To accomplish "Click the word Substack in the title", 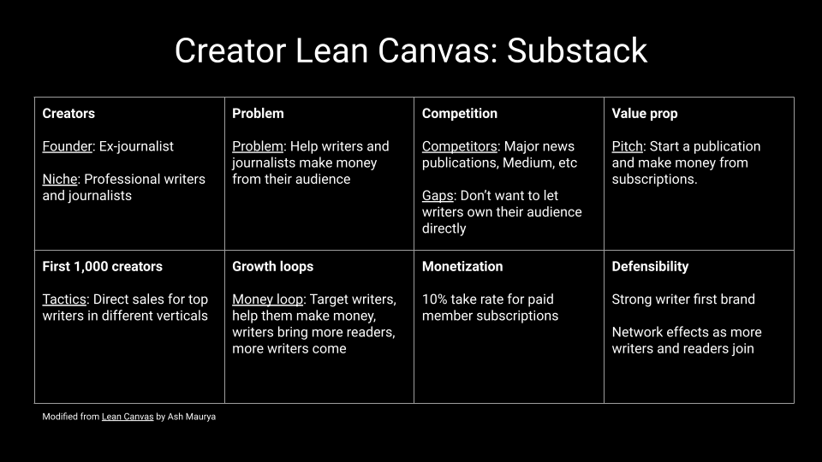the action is click(x=576, y=50).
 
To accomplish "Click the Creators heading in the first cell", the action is click(x=68, y=114).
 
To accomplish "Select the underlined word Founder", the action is click(x=67, y=146).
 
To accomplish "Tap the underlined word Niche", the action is click(x=60, y=179).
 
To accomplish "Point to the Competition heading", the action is click(x=460, y=114).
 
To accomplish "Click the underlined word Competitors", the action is click(x=459, y=146).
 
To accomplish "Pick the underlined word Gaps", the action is click(x=438, y=196).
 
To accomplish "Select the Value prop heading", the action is click(x=645, y=114).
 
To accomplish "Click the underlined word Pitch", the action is click(x=627, y=146).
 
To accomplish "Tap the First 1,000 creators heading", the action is click(x=102, y=267).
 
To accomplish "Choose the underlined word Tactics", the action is click(x=64, y=299).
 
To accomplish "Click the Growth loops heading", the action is click(x=272, y=267).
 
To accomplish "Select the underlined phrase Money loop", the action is click(x=267, y=299).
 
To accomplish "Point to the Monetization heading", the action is click(x=462, y=267).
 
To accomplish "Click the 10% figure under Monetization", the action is click(x=434, y=299).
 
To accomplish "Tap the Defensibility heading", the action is click(x=650, y=267).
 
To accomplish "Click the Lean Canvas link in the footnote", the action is click(x=128, y=417).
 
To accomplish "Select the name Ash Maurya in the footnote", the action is click(x=191, y=417).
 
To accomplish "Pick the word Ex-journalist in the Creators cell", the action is click(x=136, y=146).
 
